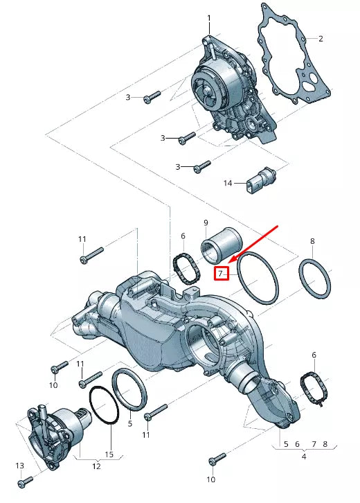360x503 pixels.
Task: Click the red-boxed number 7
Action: coord(221,273)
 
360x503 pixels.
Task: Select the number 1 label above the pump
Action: coord(210,17)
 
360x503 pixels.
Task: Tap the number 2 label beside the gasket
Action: coord(321,38)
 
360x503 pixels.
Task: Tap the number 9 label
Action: coord(206,222)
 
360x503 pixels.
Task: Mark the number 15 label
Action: coord(109,455)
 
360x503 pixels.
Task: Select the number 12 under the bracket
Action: coord(96,466)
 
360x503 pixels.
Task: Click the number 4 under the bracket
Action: coord(303,457)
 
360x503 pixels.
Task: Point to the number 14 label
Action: coord(228,184)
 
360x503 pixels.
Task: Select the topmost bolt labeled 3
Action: coord(152,97)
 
